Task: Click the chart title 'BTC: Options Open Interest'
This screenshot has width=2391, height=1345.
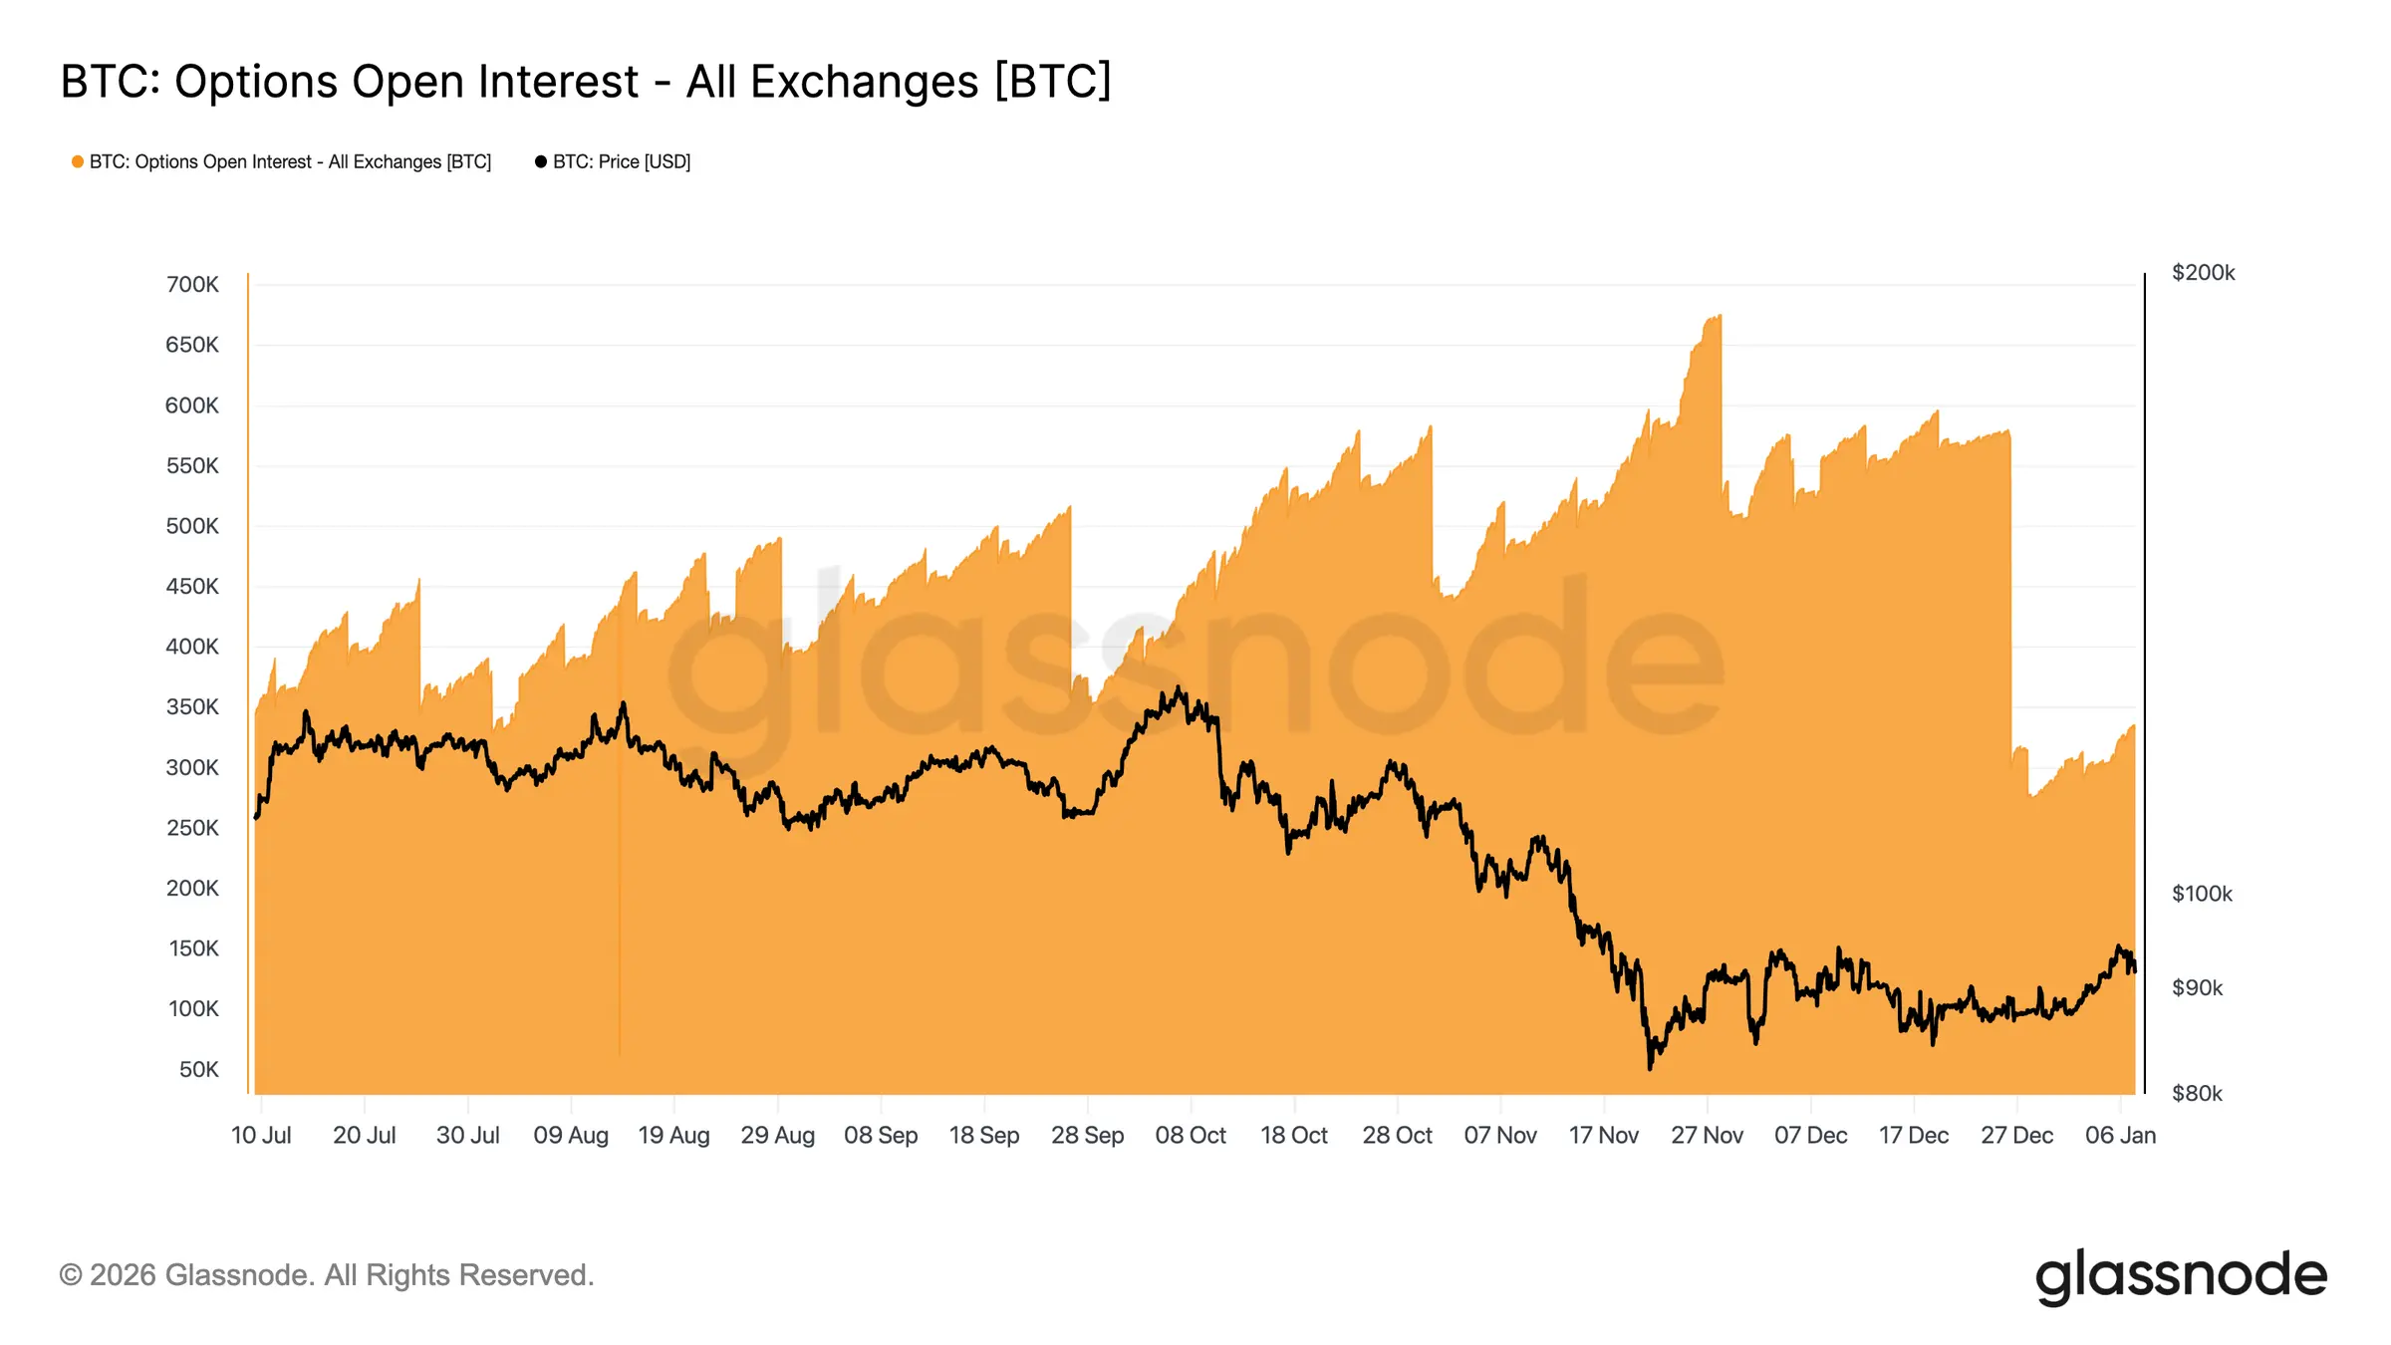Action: [x=585, y=82]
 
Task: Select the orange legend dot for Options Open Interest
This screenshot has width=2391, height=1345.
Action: [x=78, y=161]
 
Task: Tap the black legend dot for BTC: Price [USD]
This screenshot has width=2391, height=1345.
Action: [x=541, y=161]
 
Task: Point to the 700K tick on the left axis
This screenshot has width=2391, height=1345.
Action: [x=192, y=285]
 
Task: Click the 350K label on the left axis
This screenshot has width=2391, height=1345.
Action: [x=192, y=707]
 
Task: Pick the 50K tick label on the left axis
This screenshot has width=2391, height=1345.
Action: [x=198, y=1070]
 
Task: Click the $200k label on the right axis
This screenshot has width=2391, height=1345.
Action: [x=2203, y=273]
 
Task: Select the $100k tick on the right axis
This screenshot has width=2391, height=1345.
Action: [x=2202, y=894]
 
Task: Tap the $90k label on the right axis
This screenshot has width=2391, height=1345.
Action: [x=2197, y=988]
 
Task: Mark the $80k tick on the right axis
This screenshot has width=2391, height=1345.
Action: [x=2197, y=1094]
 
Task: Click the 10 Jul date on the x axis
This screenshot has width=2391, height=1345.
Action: [x=261, y=1136]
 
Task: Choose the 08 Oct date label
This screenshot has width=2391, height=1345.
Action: [x=1191, y=1136]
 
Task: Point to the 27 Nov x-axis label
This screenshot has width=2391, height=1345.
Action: [x=1707, y=1136]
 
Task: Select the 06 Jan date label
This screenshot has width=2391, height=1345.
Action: [x=2120, y=1136]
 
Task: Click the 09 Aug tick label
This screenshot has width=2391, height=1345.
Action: [x=571, y=1136]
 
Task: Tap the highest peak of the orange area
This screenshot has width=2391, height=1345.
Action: [x=1719, y=316]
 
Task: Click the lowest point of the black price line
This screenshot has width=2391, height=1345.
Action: [x=1650, y=1068]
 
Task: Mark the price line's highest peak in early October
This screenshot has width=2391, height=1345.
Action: [x=1180, y=687]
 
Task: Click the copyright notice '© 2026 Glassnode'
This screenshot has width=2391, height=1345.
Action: [x=327, y=1275]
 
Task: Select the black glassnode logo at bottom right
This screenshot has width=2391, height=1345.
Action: [x=2181, y=1276]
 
